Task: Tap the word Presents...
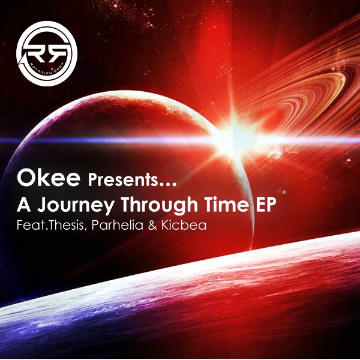123,180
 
